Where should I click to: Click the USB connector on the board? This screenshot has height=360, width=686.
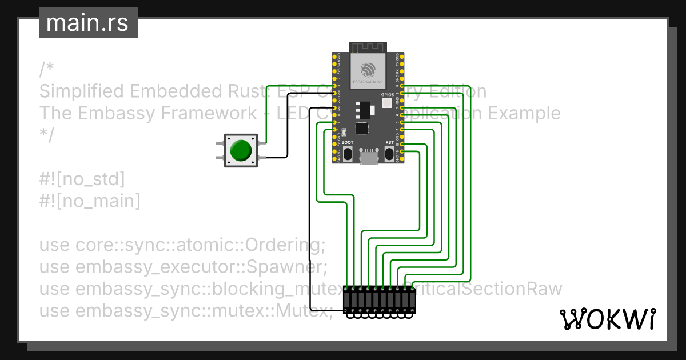pos(369,157)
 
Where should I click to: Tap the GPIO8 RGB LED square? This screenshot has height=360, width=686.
pos(386,103)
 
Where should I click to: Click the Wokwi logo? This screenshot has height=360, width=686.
pos(607,319)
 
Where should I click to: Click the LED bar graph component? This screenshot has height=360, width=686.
pos(379,301)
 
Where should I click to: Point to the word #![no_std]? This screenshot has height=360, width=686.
pos(82,179)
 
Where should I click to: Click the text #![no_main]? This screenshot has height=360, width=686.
pos(90,201)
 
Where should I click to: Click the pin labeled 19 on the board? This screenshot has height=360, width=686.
pos(402,151)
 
